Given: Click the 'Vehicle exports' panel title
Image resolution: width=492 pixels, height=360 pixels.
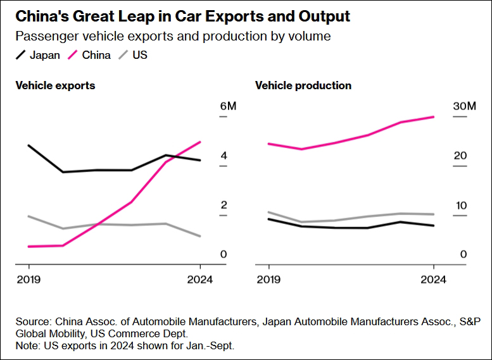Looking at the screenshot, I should click(x=55, y=85).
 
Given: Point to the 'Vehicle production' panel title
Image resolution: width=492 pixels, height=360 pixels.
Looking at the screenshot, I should click(x=303, y=85).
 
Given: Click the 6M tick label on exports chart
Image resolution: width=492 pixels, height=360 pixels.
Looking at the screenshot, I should click(x=228, y=106).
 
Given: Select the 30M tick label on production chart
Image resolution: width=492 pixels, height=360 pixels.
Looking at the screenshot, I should click(x=464, y=106).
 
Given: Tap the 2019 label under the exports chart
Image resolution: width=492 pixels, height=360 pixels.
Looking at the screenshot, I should click(x=28, y=279).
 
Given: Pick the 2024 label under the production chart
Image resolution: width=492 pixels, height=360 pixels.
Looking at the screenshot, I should click(x=434, y=279).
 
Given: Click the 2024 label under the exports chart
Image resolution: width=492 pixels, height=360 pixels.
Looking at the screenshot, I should click(x=200, y=279).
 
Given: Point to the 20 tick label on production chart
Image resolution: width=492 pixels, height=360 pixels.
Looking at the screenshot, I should click(x=460, y=156).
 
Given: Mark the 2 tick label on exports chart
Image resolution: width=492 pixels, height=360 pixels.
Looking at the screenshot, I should click(x=224, y=205).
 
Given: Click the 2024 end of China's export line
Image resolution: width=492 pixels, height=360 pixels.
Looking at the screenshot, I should click(x=200, y=142).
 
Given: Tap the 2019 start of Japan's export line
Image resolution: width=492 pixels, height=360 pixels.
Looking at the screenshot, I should click(x=28, y=145).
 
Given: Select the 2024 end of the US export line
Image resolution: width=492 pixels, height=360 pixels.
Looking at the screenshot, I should click(x=200, y=236).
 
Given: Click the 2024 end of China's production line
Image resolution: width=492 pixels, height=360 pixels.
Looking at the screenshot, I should click(x=434, y=116).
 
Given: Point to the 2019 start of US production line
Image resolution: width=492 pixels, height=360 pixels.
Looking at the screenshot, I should click(x=268, y=212).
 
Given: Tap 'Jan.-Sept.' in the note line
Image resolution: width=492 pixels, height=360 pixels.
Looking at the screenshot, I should click(x=210, y=345).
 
